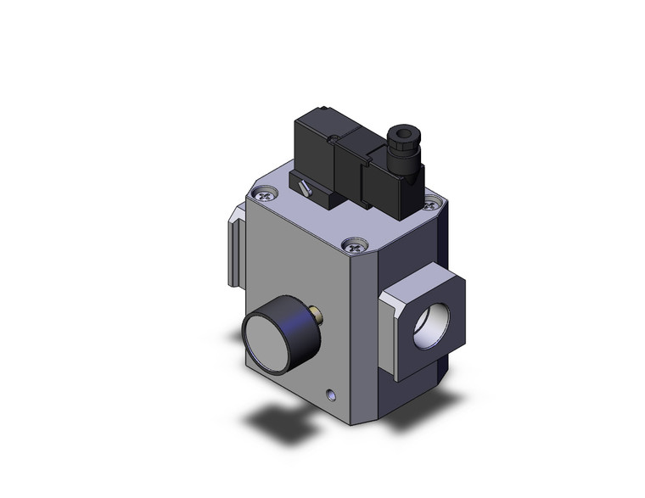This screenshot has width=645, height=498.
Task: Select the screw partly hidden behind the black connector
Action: [x=433, y=204]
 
